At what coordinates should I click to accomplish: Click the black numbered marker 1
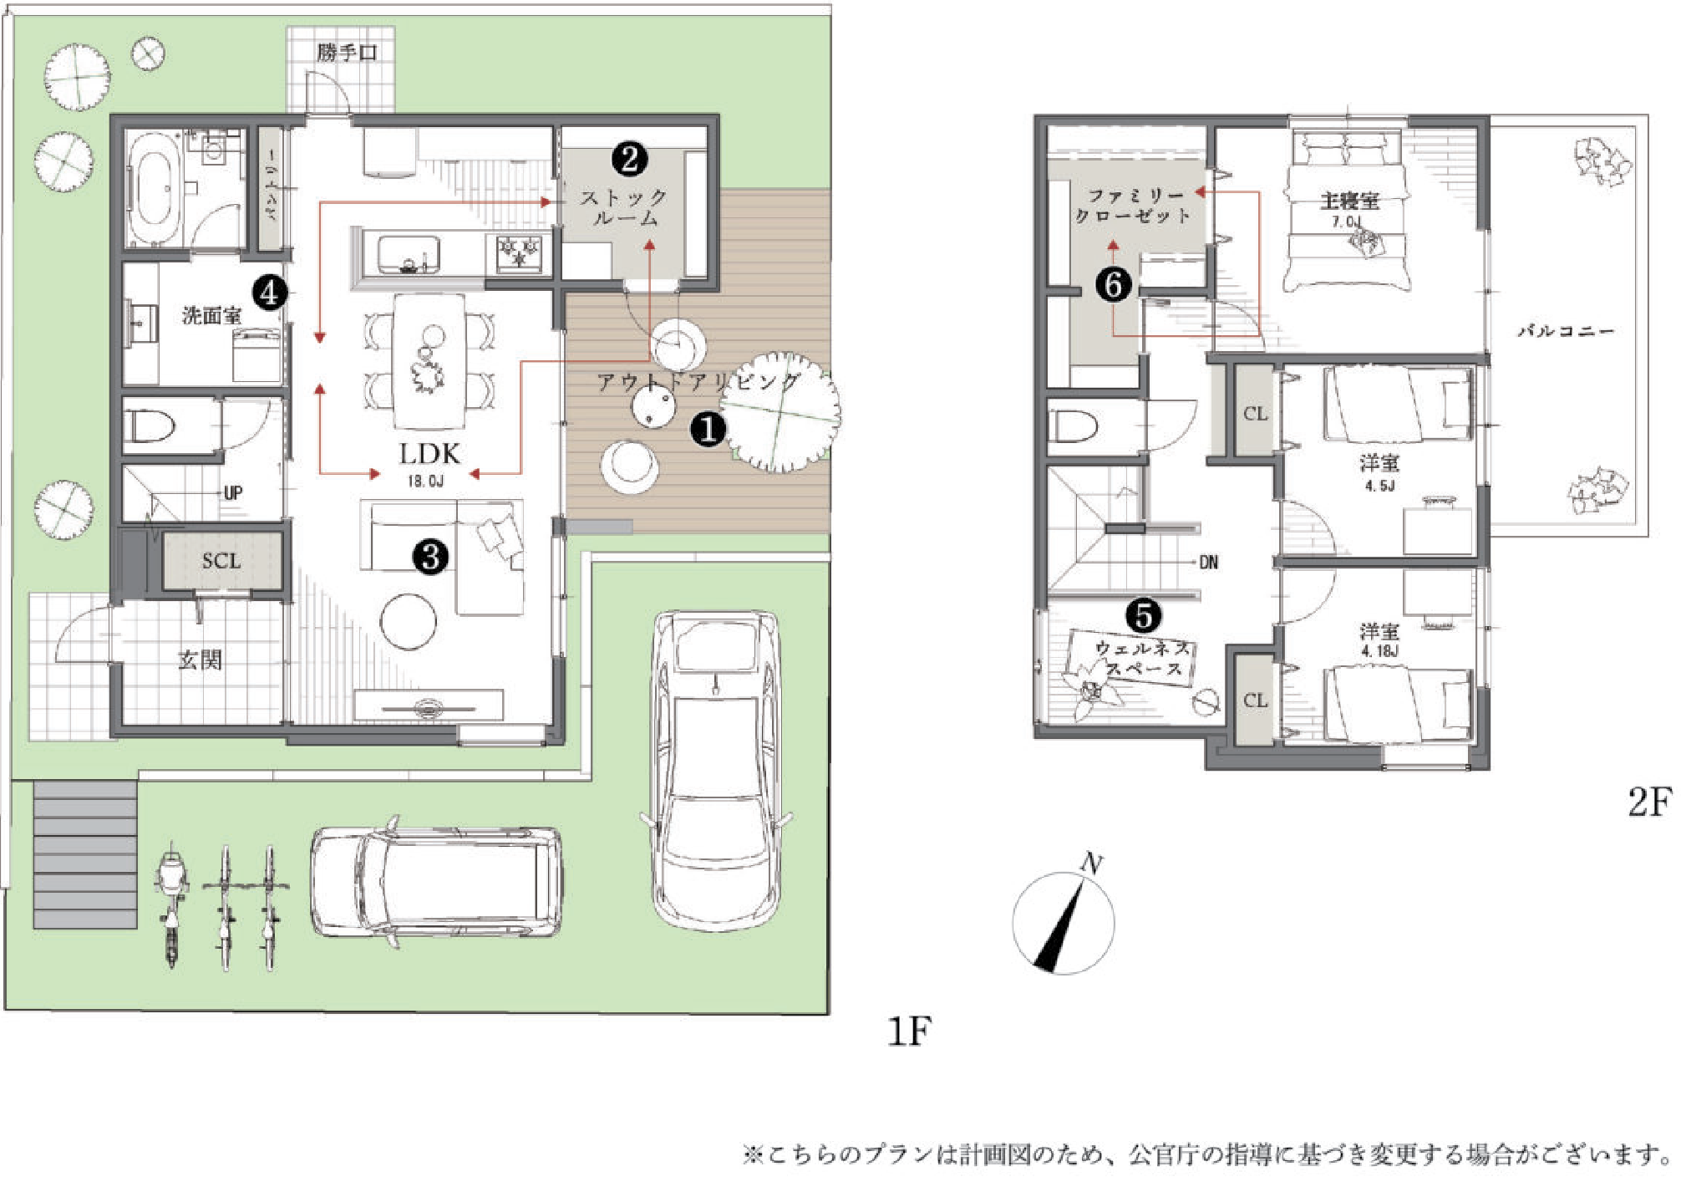click(708, 429)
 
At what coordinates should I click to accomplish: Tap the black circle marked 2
click(629, 157)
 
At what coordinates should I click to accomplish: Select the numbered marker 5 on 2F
click(1143, 615)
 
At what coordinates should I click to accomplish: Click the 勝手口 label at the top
click(346, 53)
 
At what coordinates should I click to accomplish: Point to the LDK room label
click(429, 454)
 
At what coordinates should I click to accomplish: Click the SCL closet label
click(221, 561)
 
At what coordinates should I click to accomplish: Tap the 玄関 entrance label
click(201, 660)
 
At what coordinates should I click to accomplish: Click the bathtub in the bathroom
click(157, 189)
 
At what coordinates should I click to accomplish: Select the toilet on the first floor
click(150, 427)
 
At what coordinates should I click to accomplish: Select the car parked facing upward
click(716, 769)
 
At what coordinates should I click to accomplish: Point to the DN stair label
click(1208, 563)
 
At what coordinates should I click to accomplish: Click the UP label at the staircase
click(233, 492)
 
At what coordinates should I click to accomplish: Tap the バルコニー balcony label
click(1565, 331)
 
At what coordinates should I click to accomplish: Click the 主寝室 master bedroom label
click(1349, 201)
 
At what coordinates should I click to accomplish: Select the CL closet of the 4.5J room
click(1255, 414)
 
